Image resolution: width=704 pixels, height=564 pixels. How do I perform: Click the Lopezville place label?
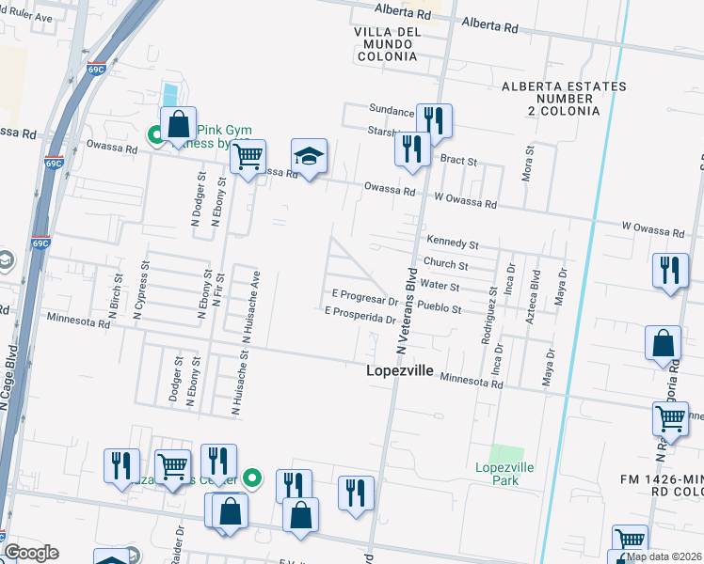click(399, 371)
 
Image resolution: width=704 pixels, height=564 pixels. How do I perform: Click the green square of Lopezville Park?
click(506, 455)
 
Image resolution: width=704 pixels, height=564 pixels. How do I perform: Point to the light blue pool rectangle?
click(169, 95)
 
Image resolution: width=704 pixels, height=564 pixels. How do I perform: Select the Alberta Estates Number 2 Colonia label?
click(551, 99)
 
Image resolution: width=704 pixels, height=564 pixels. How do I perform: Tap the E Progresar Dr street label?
click(364, 299)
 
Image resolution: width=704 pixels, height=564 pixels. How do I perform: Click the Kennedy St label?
click(453, 243)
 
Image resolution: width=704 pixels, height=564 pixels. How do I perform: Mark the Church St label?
click(445, 265)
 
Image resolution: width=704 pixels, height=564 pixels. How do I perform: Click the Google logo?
click(31, 553)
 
